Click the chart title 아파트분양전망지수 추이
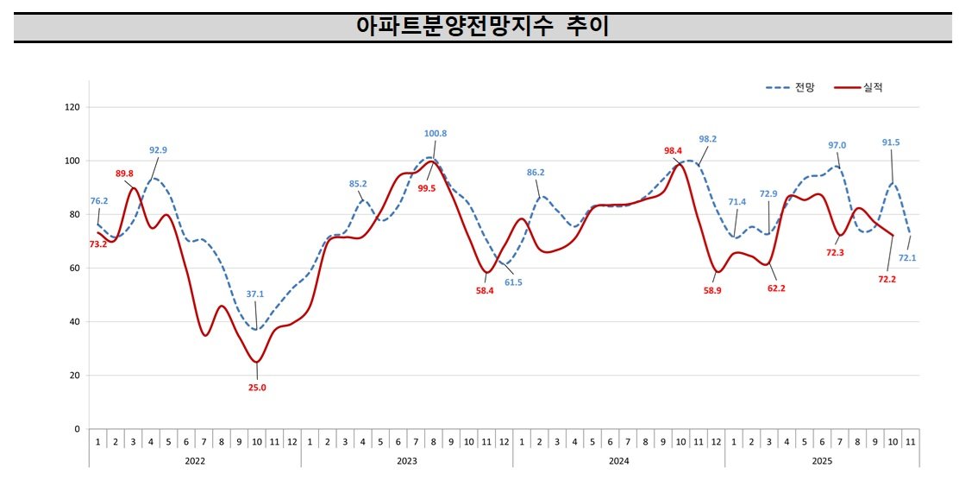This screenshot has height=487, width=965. pos(482,27)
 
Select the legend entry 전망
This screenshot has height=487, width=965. pos(805,87)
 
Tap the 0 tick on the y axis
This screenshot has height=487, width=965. pos(77,429)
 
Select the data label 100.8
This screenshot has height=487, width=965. pos(436,134)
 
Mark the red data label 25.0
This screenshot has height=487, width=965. pos(257,388)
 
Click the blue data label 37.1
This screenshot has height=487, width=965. pos(254,294)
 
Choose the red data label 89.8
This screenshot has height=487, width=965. pos(125,174)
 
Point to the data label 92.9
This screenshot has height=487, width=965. pos(158,150)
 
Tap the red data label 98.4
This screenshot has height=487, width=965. pos(673,151)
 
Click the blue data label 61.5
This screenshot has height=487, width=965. pos(514,282)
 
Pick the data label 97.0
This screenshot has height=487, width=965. pos(837,145)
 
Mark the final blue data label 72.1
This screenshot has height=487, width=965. pos(907,257)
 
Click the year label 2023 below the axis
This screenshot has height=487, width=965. pos(407,461)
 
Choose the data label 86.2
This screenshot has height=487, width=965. pos(536,173)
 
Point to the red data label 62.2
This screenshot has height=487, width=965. pos(776,288)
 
